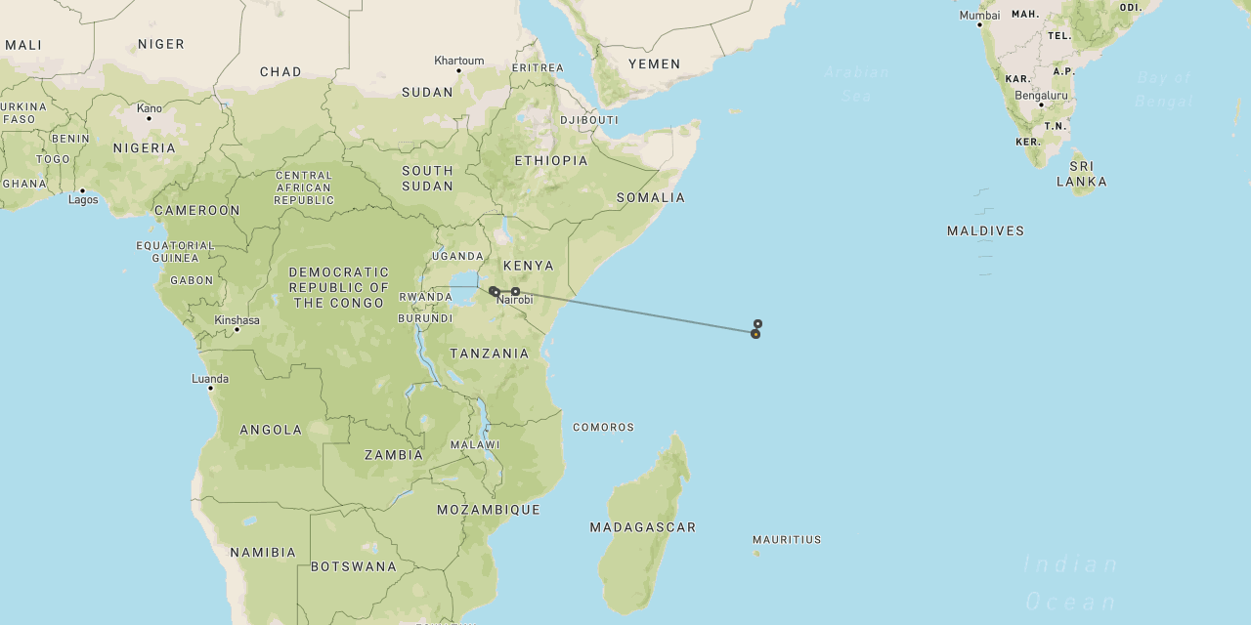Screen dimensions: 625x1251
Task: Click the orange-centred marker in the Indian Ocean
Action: pos(755,334)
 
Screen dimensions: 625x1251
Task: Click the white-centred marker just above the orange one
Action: pos(757,323)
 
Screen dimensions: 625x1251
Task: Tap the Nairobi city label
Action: pos(514,300)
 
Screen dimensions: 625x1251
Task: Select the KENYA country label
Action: pos(528,266)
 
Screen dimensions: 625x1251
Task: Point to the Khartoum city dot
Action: pos(458,70)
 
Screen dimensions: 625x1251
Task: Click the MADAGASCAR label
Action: pos(643,527)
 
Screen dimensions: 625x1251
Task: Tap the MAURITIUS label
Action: pos(787,539)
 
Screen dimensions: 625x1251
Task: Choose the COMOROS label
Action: pos(603,427)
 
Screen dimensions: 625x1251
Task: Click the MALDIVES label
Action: pos(985,231)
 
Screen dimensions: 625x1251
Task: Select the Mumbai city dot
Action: pos(979,24)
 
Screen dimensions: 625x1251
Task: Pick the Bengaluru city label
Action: pos(1041,96)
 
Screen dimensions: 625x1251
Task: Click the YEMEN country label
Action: pos(654,64)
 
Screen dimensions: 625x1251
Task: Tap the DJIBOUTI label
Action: pos(588,120)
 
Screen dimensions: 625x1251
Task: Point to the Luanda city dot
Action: pos(210,389)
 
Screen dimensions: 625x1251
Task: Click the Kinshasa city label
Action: pos(237,320)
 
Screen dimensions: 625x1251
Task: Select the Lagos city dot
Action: pos(82,190)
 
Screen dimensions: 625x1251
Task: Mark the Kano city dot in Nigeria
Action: pos(149,118)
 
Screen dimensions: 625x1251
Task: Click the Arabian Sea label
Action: pos(856,84)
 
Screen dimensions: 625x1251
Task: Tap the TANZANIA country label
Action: pos(489,354)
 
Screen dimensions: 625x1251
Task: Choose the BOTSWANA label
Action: pos(354,566)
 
